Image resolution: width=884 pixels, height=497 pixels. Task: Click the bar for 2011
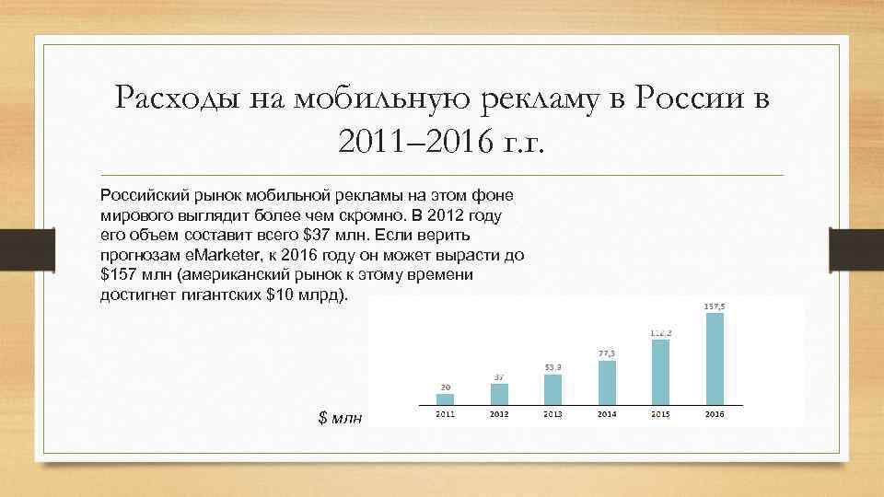click(x=446, y=399)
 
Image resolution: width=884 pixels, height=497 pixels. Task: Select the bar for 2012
click(x=499, y=394)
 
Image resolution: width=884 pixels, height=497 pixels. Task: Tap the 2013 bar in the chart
click(x=552, y=389)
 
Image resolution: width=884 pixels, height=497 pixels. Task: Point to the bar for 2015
click(x=659, y=373)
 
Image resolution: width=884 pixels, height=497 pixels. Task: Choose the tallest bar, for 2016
click(x=714, y=359)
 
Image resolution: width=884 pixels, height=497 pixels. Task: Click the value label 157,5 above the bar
click(x=714, y=306)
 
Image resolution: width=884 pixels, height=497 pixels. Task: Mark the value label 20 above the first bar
click(x=446, y=387)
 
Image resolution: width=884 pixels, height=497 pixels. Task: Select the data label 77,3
click(x=606, y=353)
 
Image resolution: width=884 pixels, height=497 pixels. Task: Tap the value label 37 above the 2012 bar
click(x=499, y=376)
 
